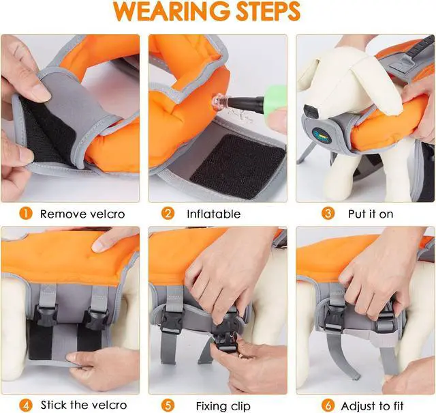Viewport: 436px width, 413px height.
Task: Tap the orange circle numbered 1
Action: [x=25, y=214]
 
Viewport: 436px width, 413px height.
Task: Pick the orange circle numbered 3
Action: [x=328, y=214]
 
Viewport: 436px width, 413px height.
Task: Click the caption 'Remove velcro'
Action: [x=82, y=214]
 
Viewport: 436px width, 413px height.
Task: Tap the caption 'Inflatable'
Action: [x=213, y=214]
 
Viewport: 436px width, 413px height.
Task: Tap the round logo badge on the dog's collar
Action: [x=323, y=136]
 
